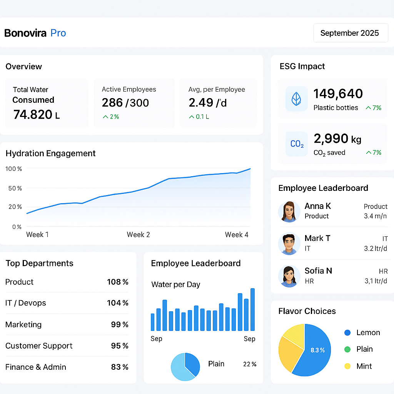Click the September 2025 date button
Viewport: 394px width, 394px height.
(x=349, y=33)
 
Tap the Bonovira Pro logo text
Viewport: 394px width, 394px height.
(x=35, y=33)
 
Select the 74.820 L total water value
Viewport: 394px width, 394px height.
(x=36, y=114)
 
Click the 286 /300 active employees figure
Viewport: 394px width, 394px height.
(x=125, y=103)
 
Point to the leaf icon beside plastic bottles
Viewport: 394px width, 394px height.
(x=296, y=99)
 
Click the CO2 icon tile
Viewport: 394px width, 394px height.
(x=297, y=144)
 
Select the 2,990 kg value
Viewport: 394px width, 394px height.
(x=337, y=138)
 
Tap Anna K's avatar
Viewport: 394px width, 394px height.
(x=289, y=211)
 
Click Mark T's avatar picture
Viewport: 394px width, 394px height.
(x=289, y=244)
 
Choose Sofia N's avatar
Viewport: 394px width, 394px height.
(x=289, y=276)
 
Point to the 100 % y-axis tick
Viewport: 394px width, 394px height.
(x=14, y=169)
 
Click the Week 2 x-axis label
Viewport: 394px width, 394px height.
(x=138, y=235)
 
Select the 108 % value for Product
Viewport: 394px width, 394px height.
(x=117, y=282)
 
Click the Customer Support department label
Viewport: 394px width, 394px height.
(x=39, y=346)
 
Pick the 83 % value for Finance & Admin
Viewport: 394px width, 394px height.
(x=120, y=367)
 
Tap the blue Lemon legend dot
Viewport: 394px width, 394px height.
(x=347, y=333)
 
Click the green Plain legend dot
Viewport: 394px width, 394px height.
(x=347, y=349)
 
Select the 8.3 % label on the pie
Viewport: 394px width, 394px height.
(x=318, y=350)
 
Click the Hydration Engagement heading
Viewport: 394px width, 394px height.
(x=50, y=154)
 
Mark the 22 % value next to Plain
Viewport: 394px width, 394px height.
(x=250, y=364)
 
